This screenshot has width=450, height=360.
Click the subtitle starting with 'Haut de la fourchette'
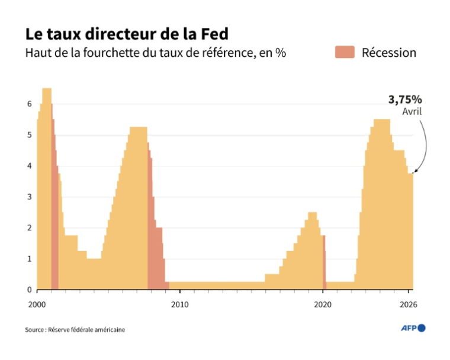point(155,53)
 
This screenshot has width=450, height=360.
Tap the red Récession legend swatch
point(345,52)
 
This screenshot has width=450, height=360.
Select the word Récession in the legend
point(389,53)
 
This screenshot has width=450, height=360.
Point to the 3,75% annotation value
point(405,99)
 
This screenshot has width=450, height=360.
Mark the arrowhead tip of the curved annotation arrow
point(414,172)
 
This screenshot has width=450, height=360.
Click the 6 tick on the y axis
point(29,104)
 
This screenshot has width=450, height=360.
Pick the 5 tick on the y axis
point(29,135)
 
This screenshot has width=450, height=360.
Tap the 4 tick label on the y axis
point(29,166)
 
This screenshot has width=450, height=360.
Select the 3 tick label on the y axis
point(29,197)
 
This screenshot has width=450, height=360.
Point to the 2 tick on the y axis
point(29,228)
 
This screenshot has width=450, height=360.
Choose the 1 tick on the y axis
point(29,259)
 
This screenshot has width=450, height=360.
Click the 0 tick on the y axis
point(29,290)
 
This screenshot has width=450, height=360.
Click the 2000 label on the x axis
point(37,304)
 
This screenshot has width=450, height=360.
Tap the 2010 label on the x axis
point(180,304)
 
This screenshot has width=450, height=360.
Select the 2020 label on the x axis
point(323,304)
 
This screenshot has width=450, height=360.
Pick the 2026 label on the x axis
point(409,304)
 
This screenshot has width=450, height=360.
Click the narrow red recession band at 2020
point(324,263)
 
